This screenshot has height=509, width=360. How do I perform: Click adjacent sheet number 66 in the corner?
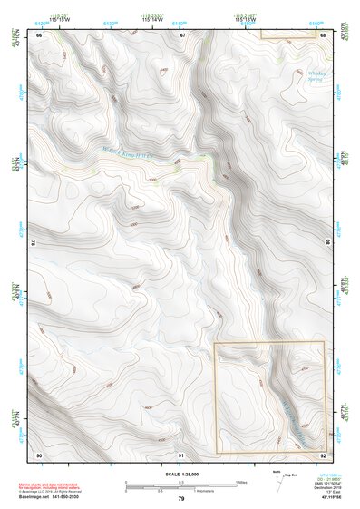point(39,34)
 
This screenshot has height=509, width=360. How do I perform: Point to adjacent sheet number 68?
point(323,34)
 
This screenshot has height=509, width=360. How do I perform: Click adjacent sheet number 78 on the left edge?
point(33,243)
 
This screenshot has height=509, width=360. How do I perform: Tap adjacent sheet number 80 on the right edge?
point(328,243)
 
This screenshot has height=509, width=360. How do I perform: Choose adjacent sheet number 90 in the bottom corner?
point(39,454)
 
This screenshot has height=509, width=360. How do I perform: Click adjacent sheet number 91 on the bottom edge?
point(181,454)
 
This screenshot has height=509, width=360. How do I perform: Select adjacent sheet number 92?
point(323,454)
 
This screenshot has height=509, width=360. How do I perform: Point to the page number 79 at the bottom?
point(180,498)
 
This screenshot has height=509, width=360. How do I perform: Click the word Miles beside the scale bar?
point(242,481)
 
